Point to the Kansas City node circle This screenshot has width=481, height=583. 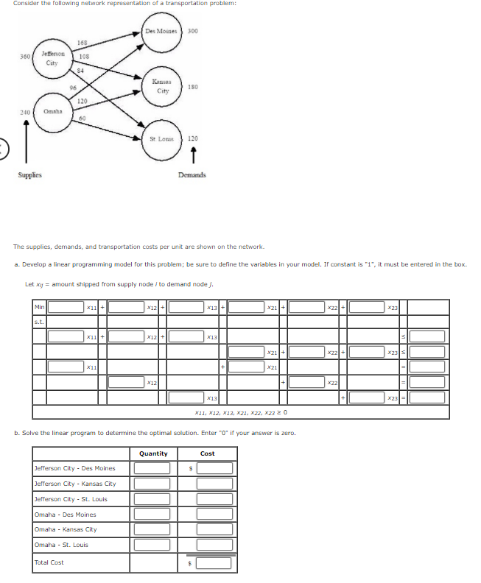[162, 87]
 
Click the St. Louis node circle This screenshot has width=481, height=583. [161, 139]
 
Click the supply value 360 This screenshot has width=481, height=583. [25, 56]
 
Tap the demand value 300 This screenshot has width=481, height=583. [193, 31]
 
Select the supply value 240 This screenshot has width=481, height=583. [25, 112]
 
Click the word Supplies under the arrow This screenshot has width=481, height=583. [29, 175]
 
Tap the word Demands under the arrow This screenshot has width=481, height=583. [192, 175]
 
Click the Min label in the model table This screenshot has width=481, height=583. [38, 306]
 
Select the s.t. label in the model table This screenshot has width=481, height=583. [38, 321]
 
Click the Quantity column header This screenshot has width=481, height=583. [153, 453]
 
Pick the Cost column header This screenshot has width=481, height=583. [208, 453]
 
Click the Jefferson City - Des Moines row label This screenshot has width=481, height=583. [74, 468]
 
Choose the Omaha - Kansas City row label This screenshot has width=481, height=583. [66, 529]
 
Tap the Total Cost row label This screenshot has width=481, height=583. [49, 562]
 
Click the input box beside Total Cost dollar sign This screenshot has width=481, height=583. [214, 563]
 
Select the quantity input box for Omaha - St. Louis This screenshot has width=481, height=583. [153, 545]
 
